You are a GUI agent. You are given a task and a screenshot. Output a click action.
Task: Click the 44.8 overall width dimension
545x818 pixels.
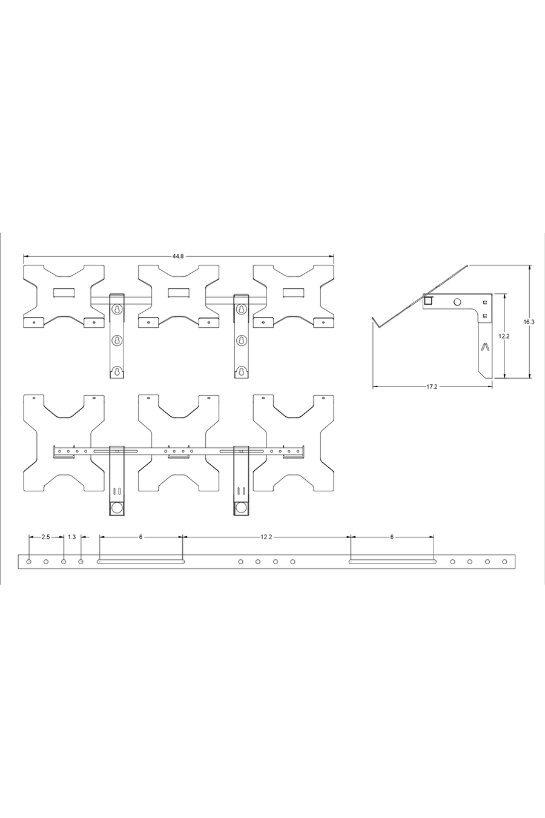click(x=178, y=256)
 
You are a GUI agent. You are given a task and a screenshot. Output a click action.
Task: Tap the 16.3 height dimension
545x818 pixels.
click(x=529, y=322)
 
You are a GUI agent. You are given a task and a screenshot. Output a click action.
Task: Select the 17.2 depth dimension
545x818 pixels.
click(x=432, y=387)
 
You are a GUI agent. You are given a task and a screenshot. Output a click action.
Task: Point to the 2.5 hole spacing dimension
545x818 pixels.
click(x=45, y=537)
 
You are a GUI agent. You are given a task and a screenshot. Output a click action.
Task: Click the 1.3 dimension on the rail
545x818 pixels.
click(x=72, y=537)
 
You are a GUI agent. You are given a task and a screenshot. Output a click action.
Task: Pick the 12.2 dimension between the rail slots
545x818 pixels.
click(x=266, y=537)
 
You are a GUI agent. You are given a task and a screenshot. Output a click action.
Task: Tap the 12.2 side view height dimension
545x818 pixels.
click(x=504, y=336)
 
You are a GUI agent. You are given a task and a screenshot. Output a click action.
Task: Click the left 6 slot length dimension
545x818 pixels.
click(x=141, y=537)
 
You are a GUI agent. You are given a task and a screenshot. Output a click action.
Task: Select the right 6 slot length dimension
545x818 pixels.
click(x=392, y=537)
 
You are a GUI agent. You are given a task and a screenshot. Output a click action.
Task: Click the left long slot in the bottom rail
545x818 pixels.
click(x=141, y=562)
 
